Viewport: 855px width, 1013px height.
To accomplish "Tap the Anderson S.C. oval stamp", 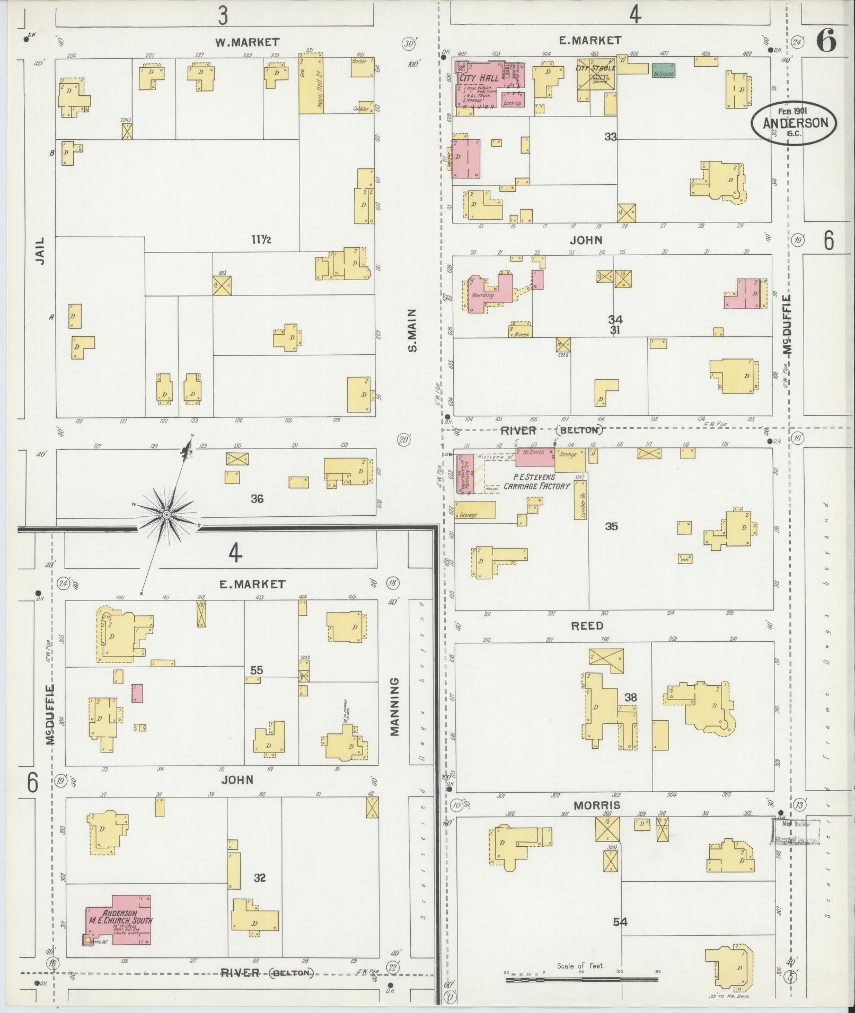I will tap(794, 123).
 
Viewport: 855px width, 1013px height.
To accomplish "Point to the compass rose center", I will tap(166, 514).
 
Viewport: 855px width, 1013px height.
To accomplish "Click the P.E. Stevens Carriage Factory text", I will tap(536, 481).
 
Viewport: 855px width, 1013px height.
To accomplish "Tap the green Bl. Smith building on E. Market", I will tap(663, 71).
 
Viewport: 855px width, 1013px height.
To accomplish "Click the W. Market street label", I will tap(247, 42).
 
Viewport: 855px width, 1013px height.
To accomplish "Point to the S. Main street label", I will tap(412, 330).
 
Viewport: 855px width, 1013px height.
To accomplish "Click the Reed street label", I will tap(587, 626).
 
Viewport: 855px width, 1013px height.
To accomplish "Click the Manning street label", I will tap(394, 707).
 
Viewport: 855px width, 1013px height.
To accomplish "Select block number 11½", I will tap(261, 239).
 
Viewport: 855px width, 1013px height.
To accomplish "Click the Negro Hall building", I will tap(311, 85).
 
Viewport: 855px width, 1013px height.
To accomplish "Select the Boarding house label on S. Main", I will tap(482, 295).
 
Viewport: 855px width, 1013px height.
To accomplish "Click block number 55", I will tap(257, 670).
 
